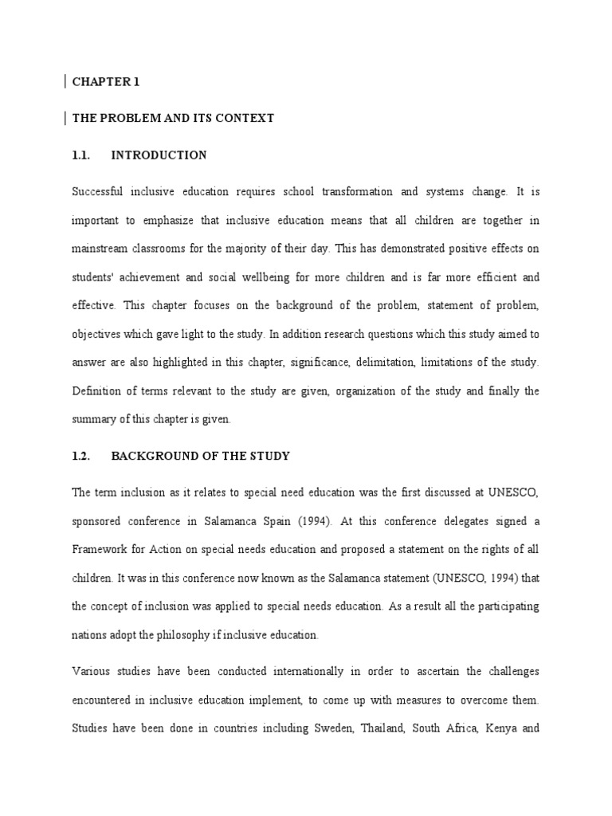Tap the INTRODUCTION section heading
tap(159, 155)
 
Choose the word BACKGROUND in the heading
tap(151, 457)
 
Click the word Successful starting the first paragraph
tap(97, 192)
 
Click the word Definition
tap(97, 391)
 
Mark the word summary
tap(94, 420)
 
